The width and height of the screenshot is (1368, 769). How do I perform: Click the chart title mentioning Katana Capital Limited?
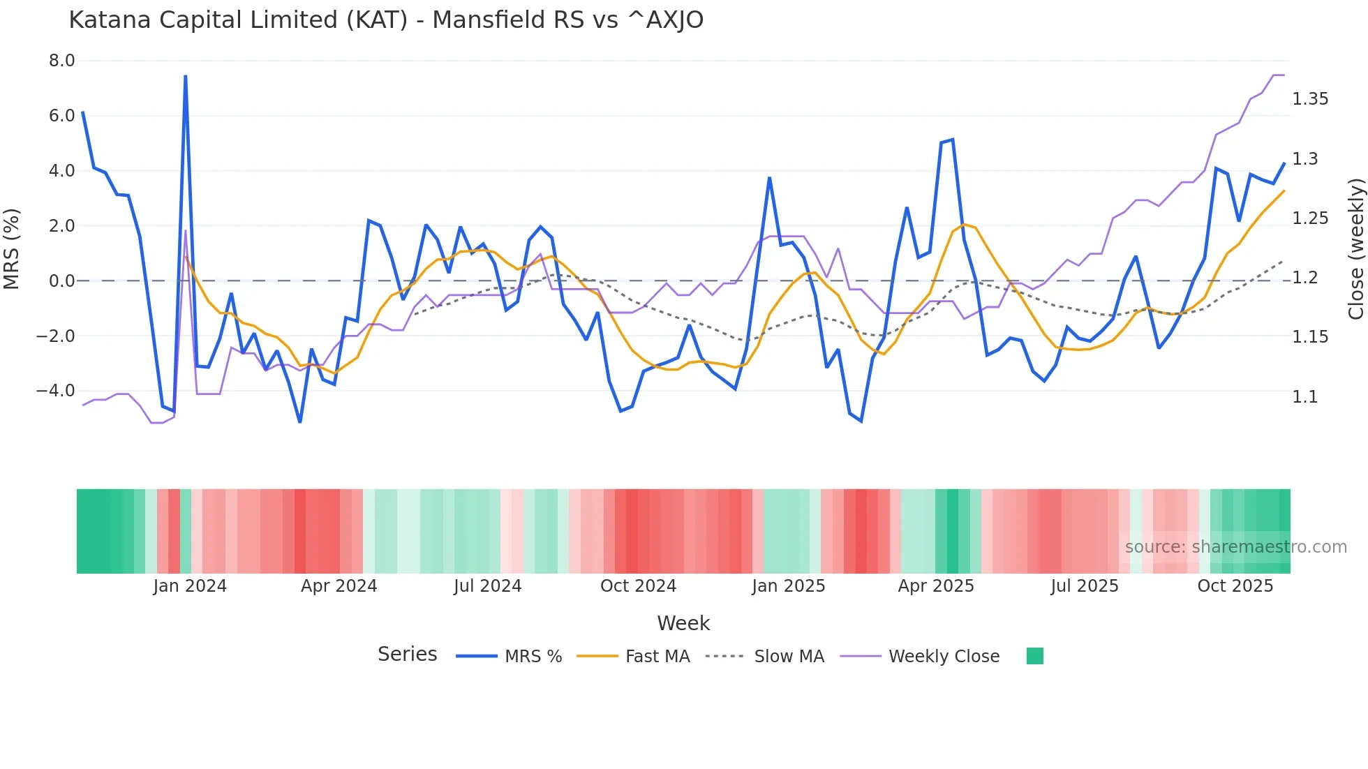click(386, 20)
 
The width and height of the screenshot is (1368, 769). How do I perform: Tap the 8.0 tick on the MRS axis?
click(61, 61)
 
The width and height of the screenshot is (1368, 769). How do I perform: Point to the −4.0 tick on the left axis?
click(56, 391)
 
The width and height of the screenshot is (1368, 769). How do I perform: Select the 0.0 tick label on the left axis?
click(61, 281)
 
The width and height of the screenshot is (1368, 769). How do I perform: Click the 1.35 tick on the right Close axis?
click(1310, 99)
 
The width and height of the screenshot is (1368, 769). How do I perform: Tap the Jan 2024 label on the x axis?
click(190, 586)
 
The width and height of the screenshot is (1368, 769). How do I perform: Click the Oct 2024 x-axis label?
click(638, 586)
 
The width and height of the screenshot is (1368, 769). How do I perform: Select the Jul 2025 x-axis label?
click(1084, 586)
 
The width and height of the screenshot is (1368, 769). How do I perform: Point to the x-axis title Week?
click(683, 623)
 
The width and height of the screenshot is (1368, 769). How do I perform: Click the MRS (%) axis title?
click(12, 248)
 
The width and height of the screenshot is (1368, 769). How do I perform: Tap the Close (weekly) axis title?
click(1355, 249)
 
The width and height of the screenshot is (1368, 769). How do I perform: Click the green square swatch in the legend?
click(1034, 656)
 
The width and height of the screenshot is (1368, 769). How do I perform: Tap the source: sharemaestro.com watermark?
click(1235, 547)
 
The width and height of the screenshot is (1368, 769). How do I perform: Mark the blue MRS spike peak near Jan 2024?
click(185, 76)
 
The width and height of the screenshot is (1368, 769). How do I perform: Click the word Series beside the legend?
click(407, 655)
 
